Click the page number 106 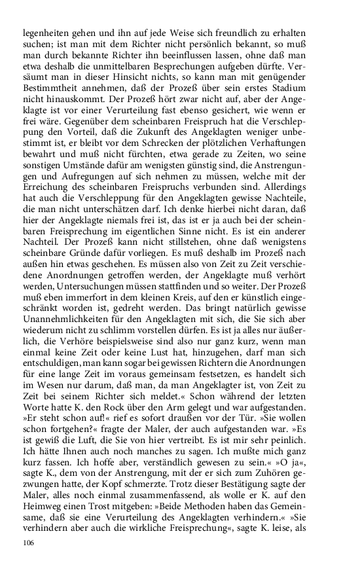point(28,543)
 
